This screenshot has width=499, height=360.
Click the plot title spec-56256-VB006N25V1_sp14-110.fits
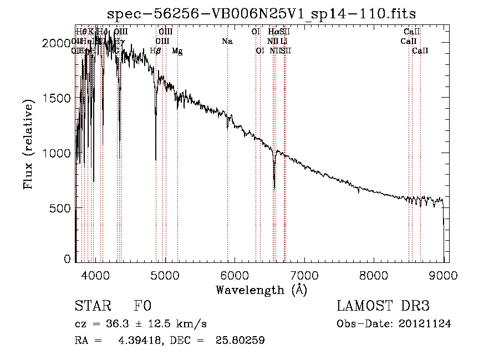pyautogui.click(x=261, y=13)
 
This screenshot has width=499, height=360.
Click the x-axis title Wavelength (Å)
pyautogui.click(x=261, y=290)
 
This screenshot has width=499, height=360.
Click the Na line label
pyautogui.click(x=227, y=42)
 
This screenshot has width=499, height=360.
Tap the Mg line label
pyautogui.click(x=177, y=51)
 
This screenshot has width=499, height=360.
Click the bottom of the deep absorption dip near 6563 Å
pyautogui.click(x=274, y=189)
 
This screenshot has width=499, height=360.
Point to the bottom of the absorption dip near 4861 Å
pyautogui.click(x=156, y=160)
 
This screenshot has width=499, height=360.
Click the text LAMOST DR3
pyautogui.click(x=383, y=307)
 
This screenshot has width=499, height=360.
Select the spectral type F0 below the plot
pyautogui.click(x=142, y=307)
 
